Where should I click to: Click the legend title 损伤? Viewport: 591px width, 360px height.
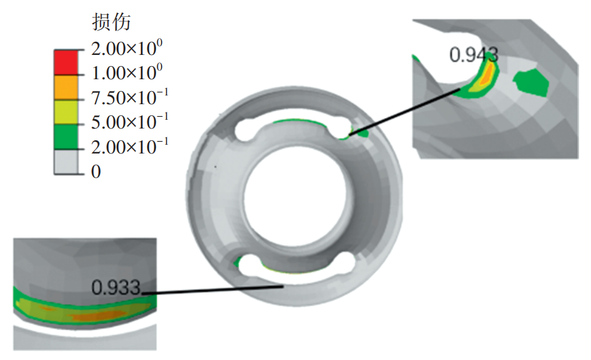pyautogui.click(x=111, y=22)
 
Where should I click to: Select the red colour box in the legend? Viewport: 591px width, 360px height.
pyautogui.click(x=66, y=62)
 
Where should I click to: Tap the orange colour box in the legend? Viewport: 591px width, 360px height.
pyautogui.click(x=66, y=87)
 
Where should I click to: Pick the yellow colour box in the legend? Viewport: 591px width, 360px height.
pyautogui.click(x=66, y=112)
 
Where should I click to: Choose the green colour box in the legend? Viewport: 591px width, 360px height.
pyautogui.click(x=66, y=137)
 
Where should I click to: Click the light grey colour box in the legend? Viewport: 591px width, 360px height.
pyautogui.click(x=66, y=162)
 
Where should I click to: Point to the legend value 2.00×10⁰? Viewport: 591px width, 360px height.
pyautogui.click(x=127, y=48)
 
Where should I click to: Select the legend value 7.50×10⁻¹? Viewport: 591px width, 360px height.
pyautogui.click(x=130, y=97)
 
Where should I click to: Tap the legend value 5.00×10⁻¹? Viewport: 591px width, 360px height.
pyautogui.click(x=130, y=122)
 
